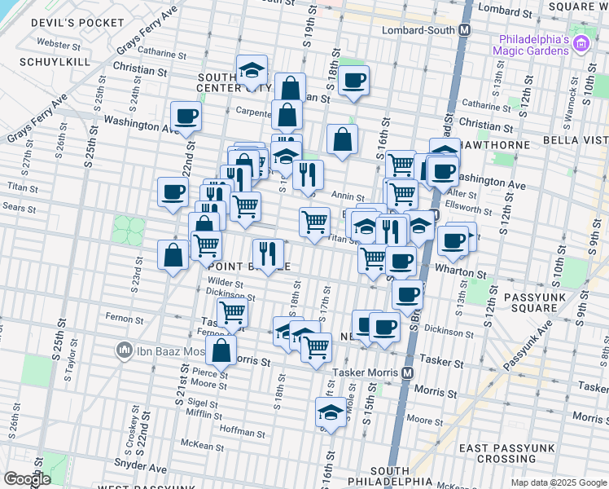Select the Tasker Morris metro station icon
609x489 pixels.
[408, 372]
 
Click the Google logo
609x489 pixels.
[27, 478]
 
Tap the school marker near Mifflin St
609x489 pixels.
[331, 412]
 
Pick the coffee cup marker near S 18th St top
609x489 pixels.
[353, 81]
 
